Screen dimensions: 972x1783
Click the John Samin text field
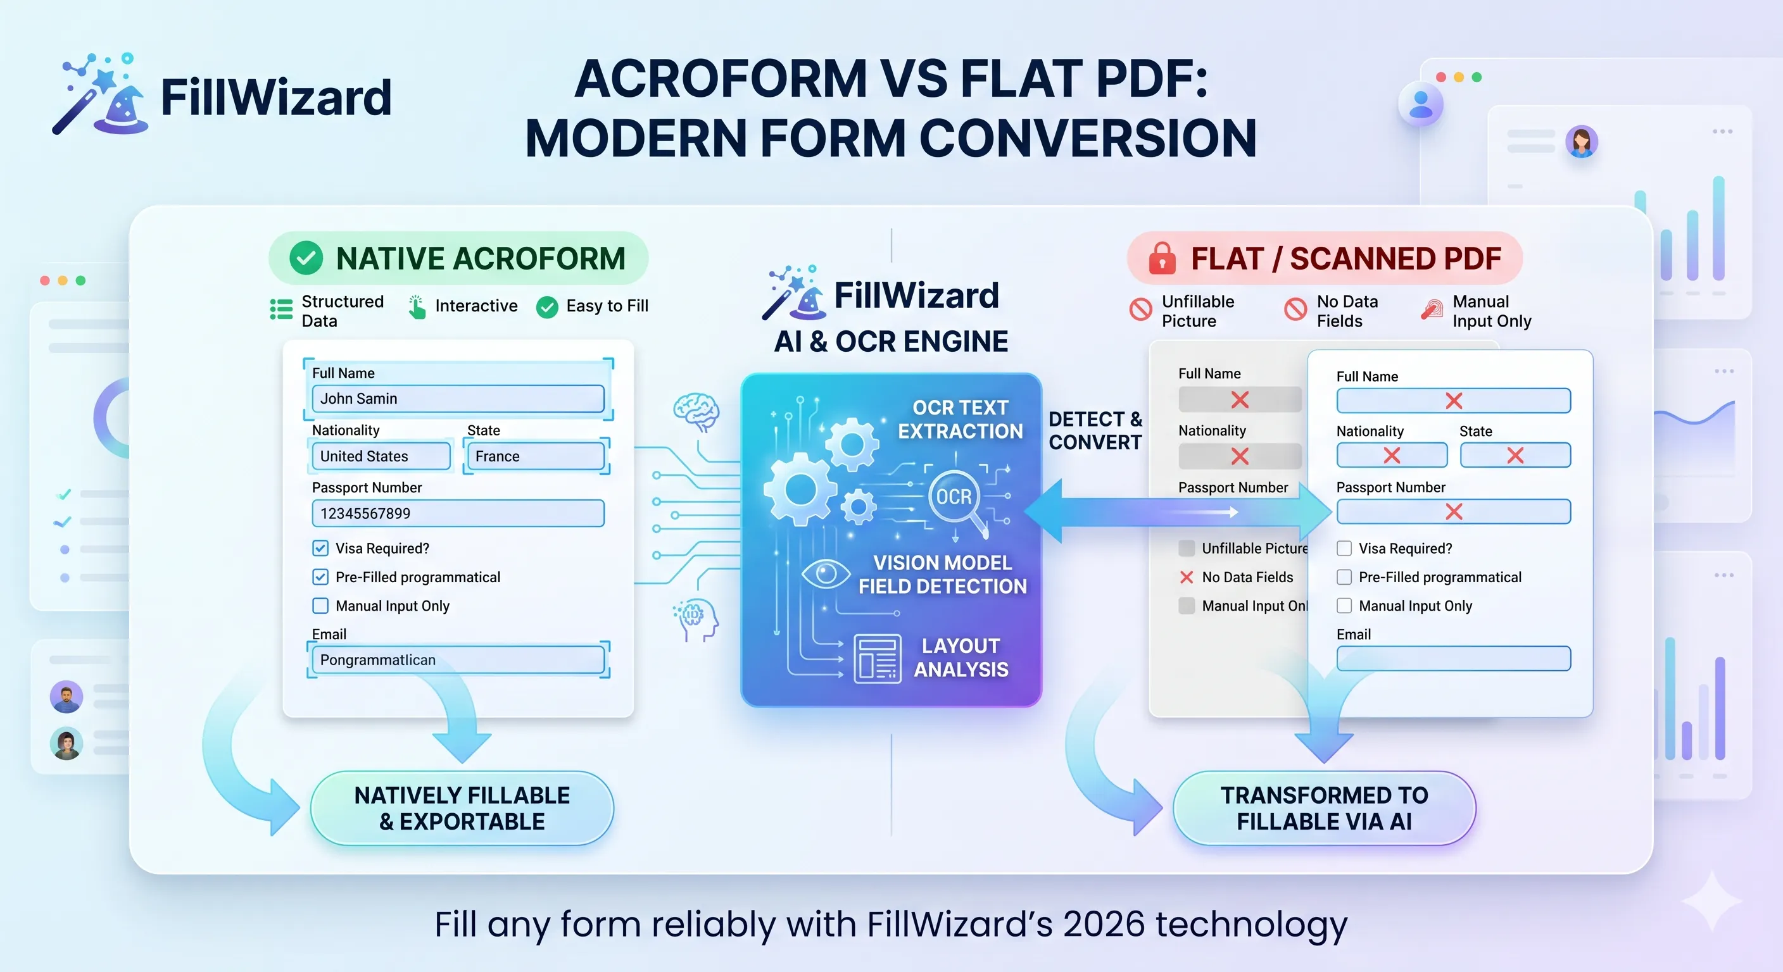coord(458,399)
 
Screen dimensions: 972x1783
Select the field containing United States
coord(381,456)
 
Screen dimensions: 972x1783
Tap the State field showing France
coord(536,456)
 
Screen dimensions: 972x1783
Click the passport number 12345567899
coord(458,513)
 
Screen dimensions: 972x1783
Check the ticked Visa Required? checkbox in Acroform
coord(320,548)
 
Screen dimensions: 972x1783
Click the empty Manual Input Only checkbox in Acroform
coord(320,606)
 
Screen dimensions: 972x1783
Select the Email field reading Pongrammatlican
coord(458,659)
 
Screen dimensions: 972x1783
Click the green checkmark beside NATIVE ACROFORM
coord(306,258)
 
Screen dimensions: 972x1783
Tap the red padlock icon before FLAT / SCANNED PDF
coord(1162,258)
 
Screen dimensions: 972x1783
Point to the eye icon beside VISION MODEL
coord(825,573)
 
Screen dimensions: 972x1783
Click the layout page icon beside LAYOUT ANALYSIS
coord(877,658)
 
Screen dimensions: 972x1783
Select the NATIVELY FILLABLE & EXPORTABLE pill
coord(462,808)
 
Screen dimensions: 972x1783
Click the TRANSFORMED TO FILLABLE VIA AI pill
coord(1323,808)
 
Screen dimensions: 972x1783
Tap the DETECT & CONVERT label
coord(1095,430)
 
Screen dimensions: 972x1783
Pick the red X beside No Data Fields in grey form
coord(1187,577)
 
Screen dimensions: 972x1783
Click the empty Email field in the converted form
coord(1453,658)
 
